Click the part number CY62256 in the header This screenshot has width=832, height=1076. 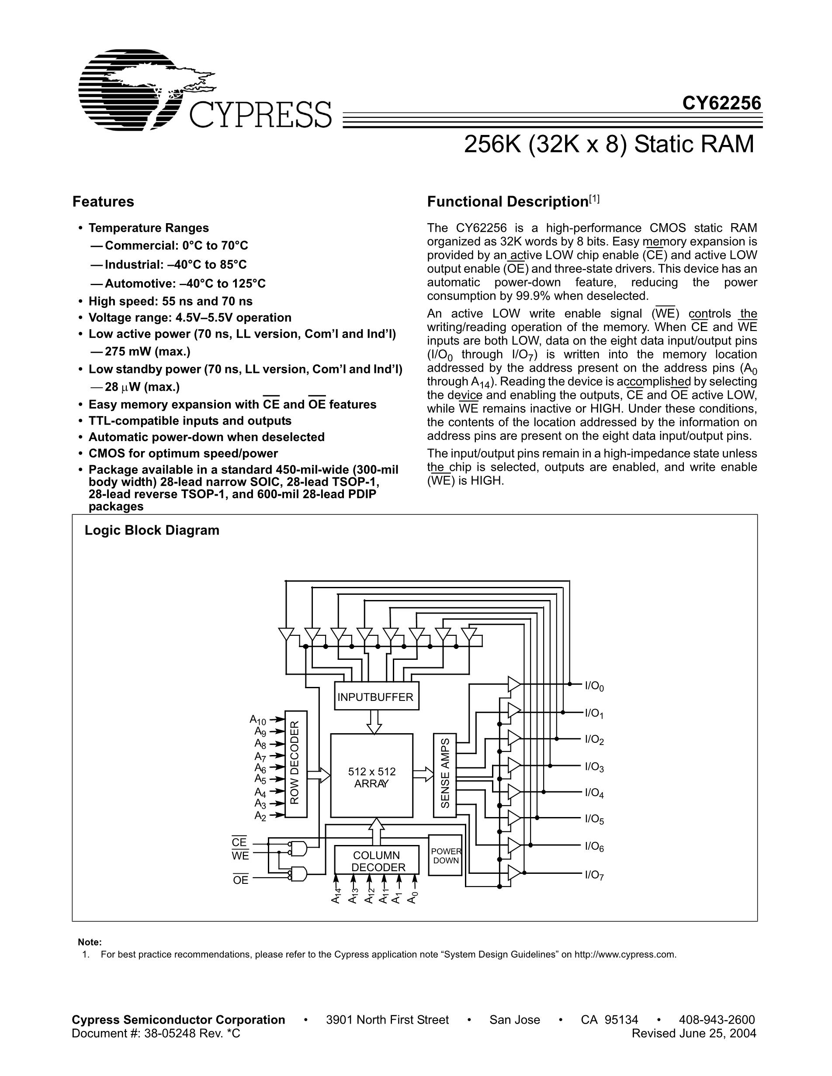pos(721,103)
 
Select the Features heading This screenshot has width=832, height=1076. pos(103,201)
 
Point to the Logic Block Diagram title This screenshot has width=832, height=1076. pos(152,530)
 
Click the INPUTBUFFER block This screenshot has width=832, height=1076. pos(376,697)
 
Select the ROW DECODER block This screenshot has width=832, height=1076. pos(296,764)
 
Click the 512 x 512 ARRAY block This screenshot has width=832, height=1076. pos(371,778)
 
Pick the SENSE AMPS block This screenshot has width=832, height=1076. pos(445,773)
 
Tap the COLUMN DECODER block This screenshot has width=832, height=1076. pos(377,861)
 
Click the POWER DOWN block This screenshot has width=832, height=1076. pos(445,856)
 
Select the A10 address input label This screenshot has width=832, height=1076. pos(258,720)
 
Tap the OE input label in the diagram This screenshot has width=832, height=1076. pos(240,880)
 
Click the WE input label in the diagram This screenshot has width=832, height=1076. pos(240,856)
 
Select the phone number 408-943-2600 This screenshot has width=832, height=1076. pos(717,1020)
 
